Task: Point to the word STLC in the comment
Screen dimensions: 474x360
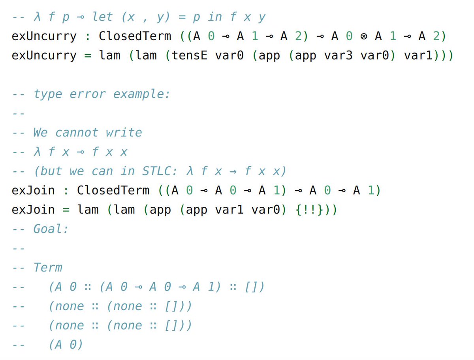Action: click(157, 171)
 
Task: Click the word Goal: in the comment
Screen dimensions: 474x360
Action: click(51, 229)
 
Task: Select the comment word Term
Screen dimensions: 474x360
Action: click(48, 267)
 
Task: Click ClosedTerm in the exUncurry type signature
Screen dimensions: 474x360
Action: click(135, 36)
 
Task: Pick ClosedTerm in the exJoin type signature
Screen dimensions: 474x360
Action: click(113, 190)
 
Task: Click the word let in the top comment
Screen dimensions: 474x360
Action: click(103, 17)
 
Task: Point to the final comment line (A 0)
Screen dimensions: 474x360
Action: click(66, 345)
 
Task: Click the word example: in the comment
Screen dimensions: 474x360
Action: click(141, 94)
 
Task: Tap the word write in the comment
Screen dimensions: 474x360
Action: click(124, 132)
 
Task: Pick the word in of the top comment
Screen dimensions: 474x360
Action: click(215, 17)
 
